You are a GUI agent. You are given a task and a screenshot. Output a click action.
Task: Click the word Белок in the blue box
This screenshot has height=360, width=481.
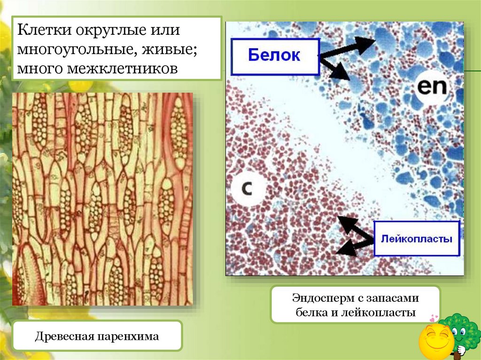pos(274,56)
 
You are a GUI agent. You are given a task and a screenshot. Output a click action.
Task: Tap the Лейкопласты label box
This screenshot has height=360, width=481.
pos(416,238)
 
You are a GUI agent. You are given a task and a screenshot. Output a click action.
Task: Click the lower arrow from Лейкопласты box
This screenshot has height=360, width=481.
pos(352,246)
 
